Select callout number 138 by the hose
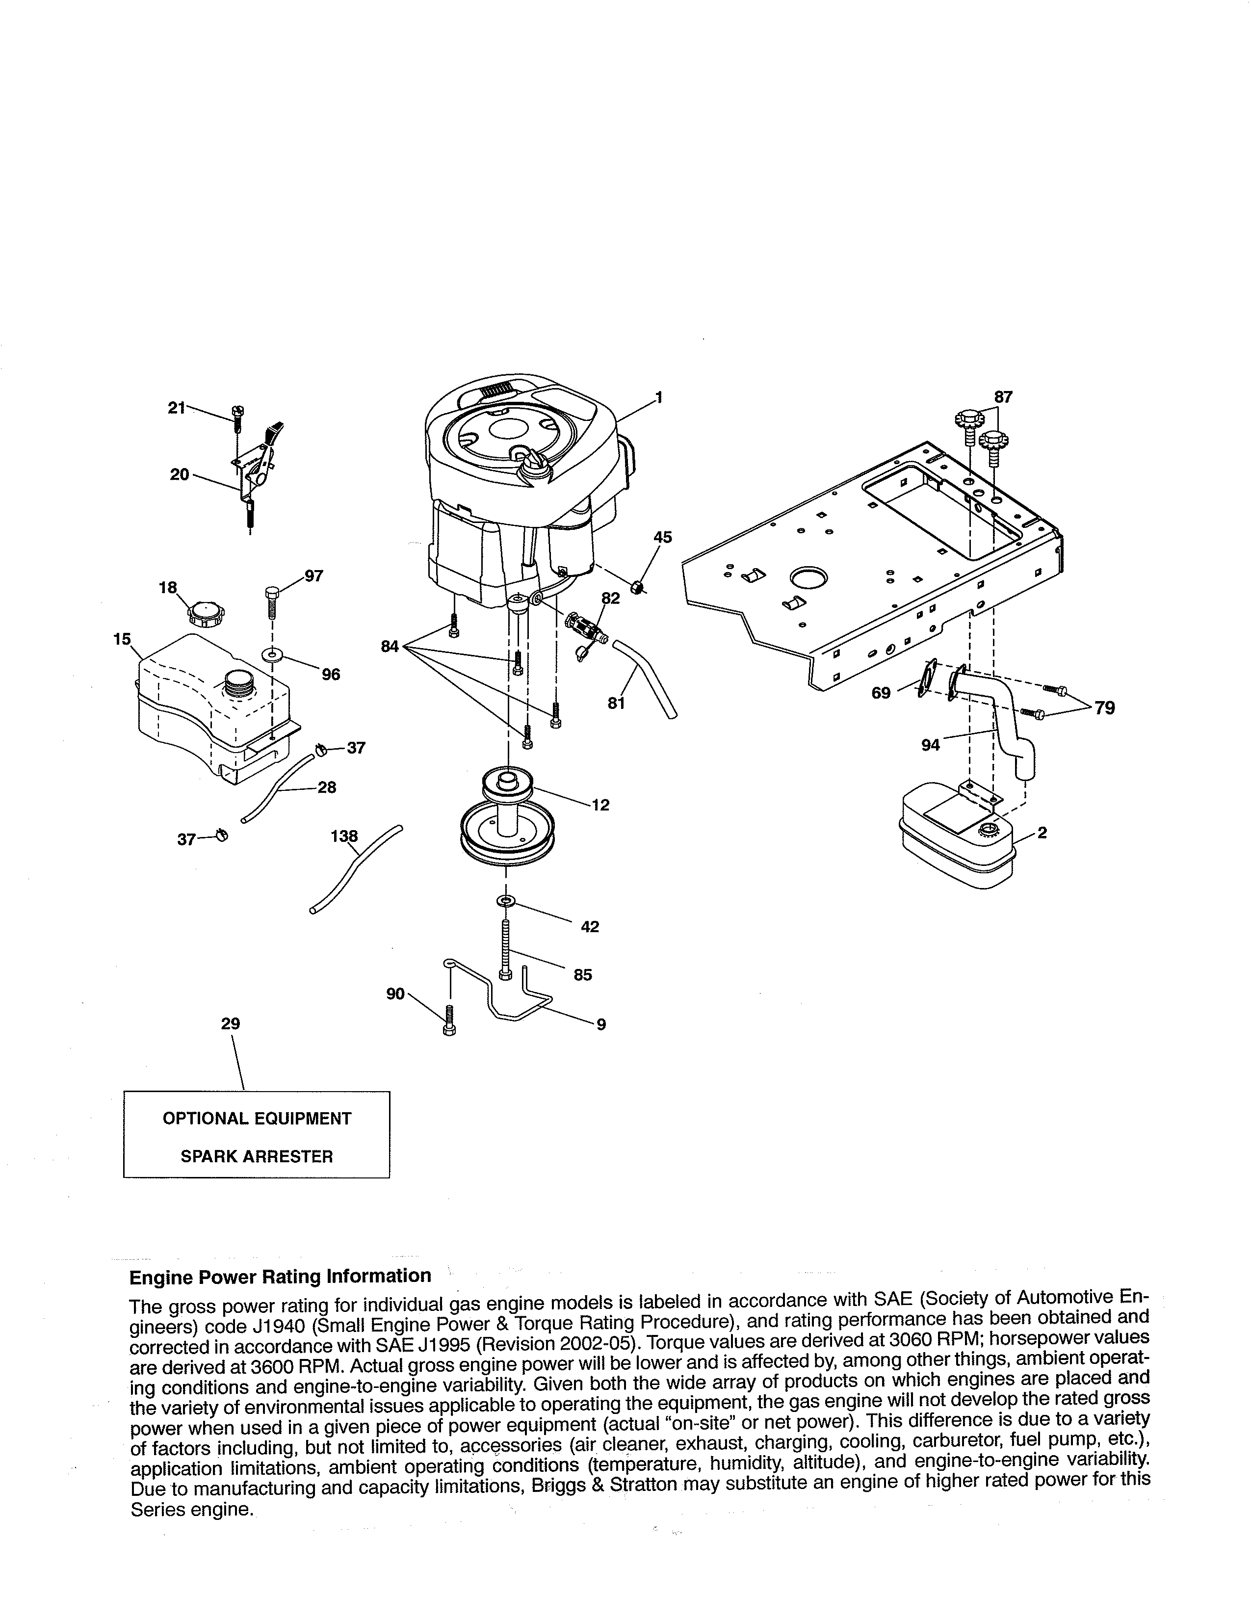344,836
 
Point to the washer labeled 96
273,655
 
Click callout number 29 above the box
231,1024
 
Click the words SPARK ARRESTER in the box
257,1156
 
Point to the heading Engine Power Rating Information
280,1276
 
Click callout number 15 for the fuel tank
122,638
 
